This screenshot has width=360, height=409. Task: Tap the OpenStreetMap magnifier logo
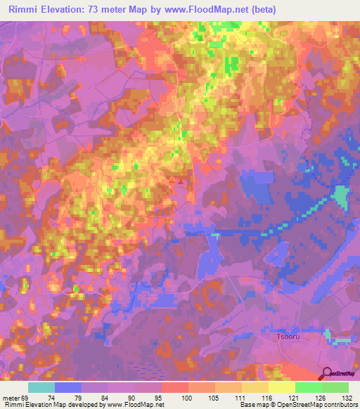pos(327,373)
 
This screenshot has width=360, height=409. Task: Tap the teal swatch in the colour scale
pos(41,387)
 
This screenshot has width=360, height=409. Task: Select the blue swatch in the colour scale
pos(68,387)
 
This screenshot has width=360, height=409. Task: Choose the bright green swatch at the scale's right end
pos(335,387)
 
